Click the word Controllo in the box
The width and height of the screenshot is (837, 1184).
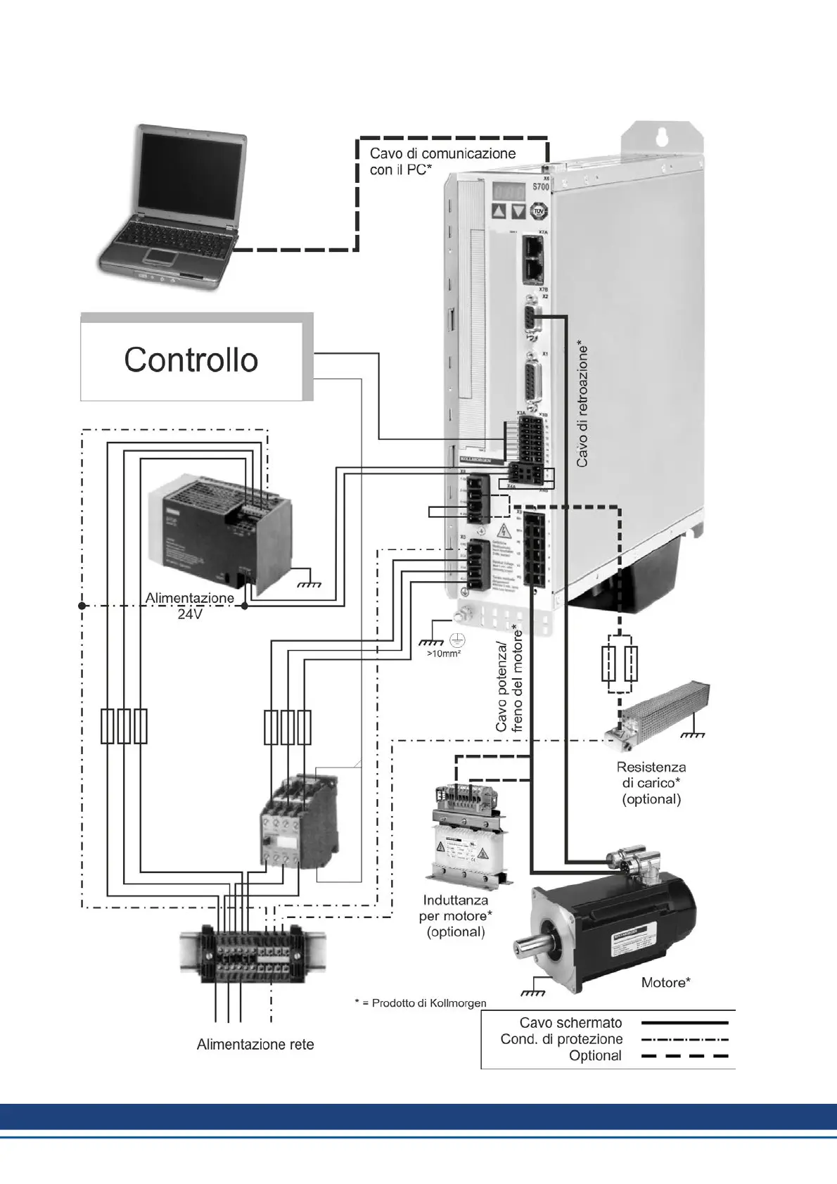point(191,359)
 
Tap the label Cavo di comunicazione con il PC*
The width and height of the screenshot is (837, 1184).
point(442,161)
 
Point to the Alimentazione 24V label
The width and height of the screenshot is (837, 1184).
point(190,606)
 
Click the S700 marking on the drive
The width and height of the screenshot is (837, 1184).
point(540,187)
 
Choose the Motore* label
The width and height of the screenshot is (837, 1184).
point(665,982)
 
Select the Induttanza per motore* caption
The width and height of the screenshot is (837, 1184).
point(456,915)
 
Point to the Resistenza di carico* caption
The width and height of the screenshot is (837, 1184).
point(651,782)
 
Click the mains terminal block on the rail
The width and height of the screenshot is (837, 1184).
point(253,953)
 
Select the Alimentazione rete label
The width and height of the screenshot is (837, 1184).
point(255,1044)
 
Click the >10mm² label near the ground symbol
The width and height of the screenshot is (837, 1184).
point(444,654)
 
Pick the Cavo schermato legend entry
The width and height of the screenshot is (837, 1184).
point(571,1022)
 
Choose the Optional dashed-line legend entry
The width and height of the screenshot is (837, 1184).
point(596,1055)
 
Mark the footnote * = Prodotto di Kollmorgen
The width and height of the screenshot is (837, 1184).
point(420,1002)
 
